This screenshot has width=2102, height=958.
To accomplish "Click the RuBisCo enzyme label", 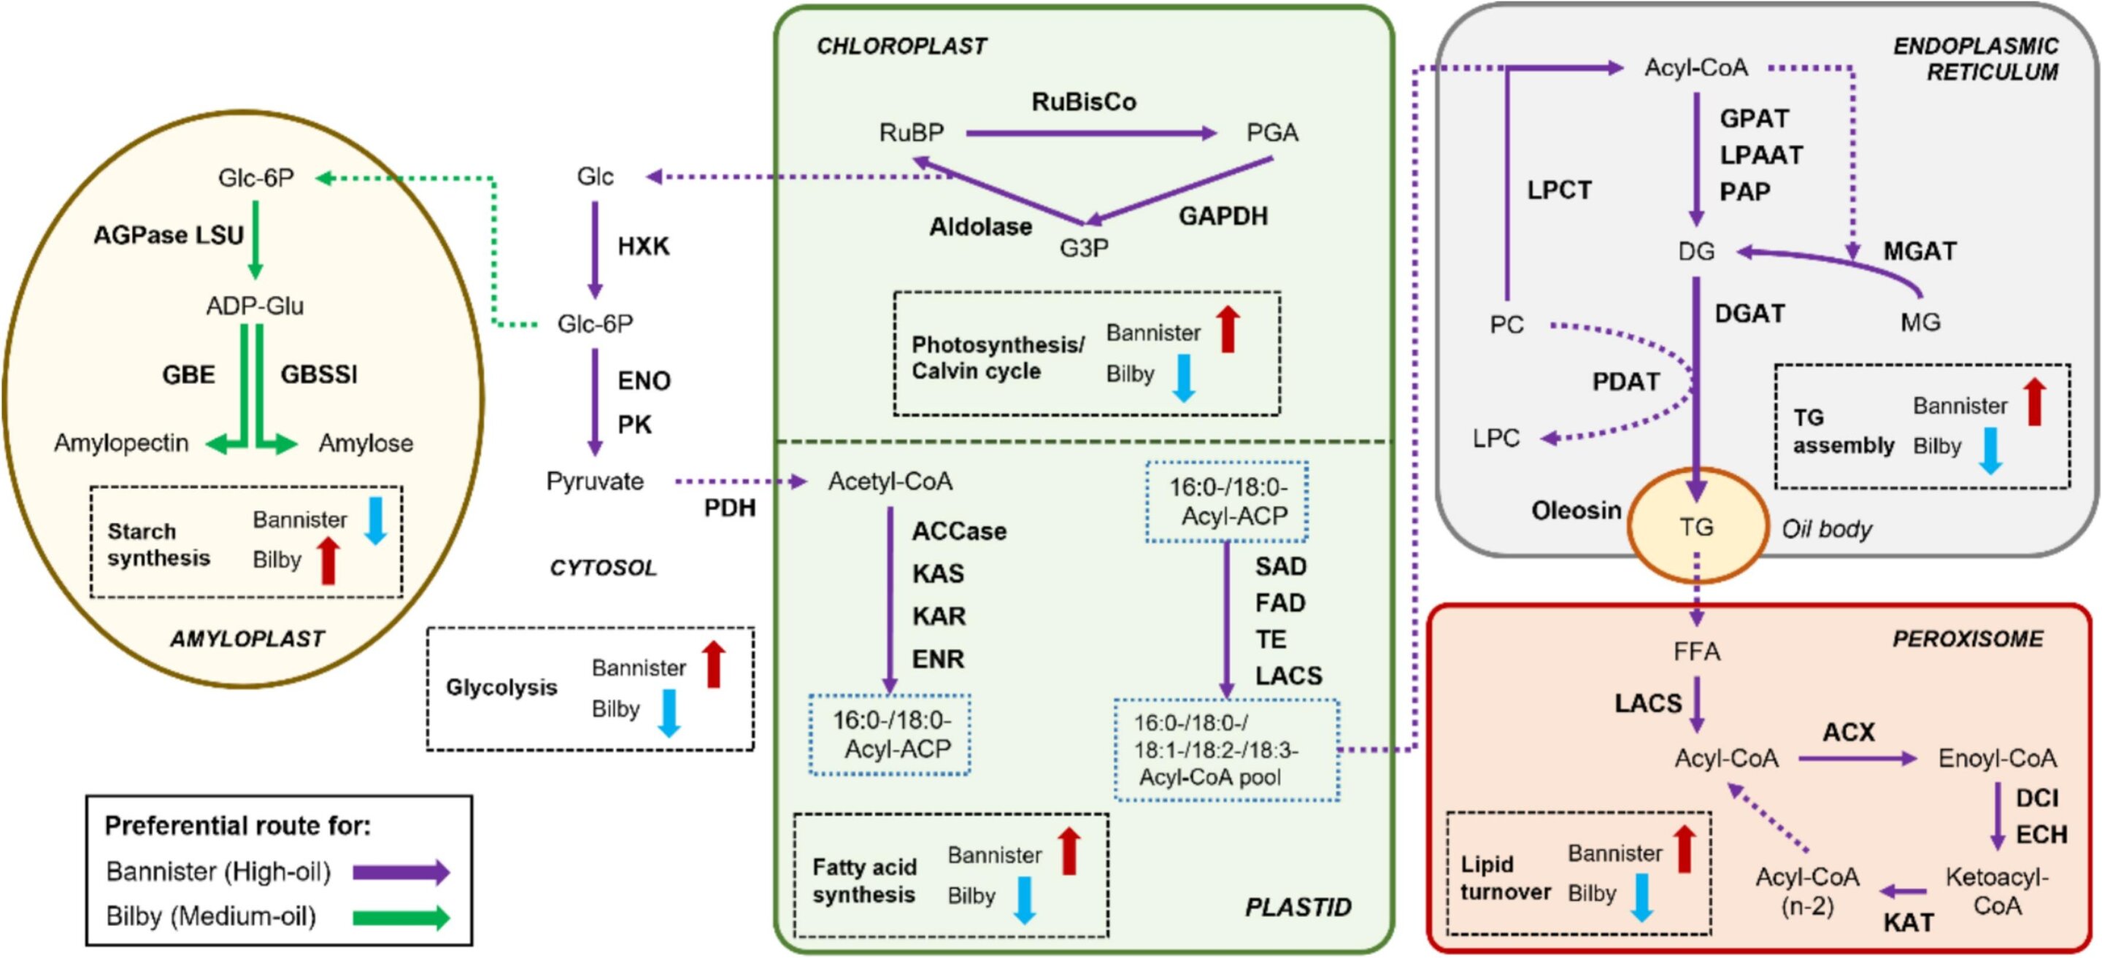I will point(1084,102).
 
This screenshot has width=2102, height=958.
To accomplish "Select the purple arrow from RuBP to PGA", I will point(1090,133).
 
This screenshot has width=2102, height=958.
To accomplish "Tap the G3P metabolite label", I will point(1084,248).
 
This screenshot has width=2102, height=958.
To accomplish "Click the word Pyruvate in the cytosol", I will point(595,482).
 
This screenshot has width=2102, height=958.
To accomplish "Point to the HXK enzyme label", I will point(643,246).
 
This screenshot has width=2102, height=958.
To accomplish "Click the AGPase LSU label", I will point(169,235).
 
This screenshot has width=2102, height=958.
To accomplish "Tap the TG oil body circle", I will point(1696,527).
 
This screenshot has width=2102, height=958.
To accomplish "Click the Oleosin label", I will point(1576,511).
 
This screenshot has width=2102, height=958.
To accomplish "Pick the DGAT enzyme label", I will point(1749,313).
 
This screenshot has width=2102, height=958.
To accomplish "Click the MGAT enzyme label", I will point(1920,251).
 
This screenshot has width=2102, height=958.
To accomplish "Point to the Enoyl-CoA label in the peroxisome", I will point(1997,759).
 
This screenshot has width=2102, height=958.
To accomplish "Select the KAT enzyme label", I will point(1908,923).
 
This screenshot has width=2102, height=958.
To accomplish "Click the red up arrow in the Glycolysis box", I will point(714,664).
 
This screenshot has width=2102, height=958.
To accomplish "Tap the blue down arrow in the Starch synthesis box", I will point(375,521).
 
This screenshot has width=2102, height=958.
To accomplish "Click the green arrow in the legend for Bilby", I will point(401,918).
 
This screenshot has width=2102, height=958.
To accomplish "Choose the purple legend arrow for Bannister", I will point(401,873).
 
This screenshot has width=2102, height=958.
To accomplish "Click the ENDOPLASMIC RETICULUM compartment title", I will point(1976,59).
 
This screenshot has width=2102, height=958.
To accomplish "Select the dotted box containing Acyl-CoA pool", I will point(1226,750).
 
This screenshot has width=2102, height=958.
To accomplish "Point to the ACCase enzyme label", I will point(959,531).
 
